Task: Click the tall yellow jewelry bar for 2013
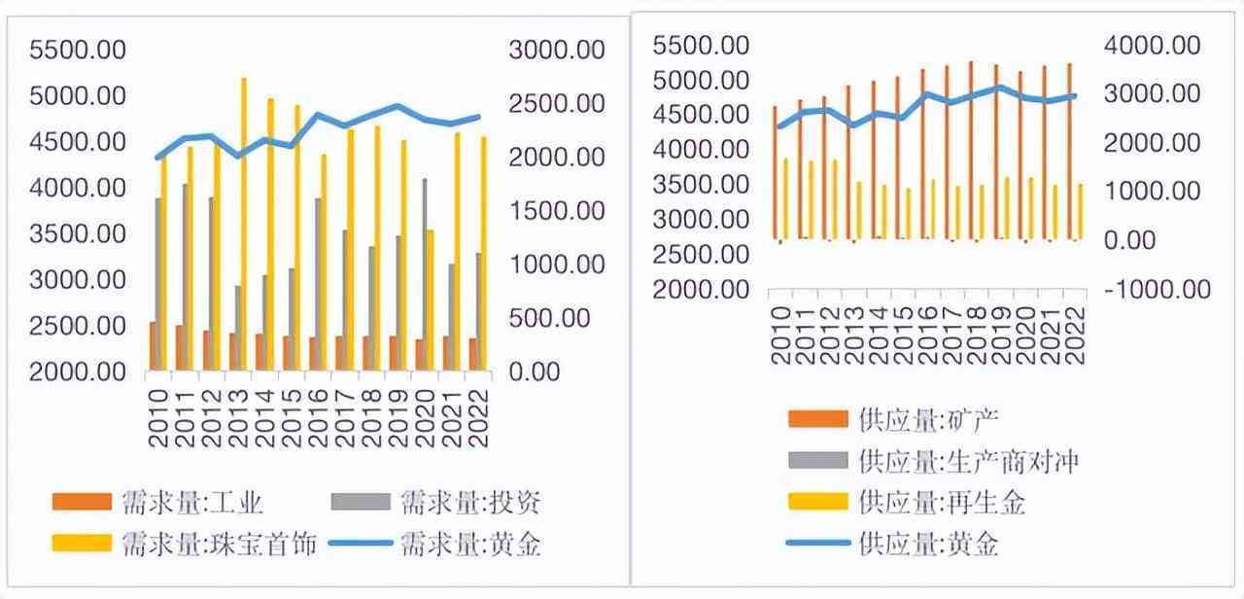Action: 243,224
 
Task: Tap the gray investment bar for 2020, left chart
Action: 425,273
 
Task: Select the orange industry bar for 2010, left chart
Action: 154,345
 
